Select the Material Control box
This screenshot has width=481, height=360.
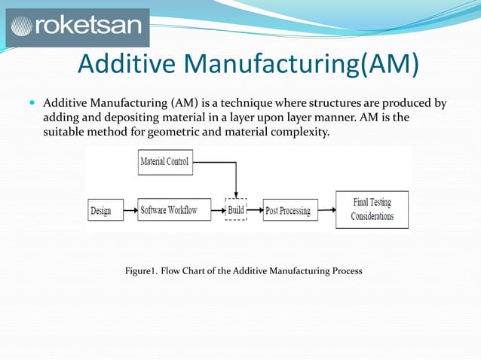[165, 162]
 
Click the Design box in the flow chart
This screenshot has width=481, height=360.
[101, 210]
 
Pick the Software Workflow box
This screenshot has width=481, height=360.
[169, 209]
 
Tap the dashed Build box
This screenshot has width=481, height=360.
[236, 209]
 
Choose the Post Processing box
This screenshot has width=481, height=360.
[288, 210]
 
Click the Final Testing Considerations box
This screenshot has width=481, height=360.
[372, 209]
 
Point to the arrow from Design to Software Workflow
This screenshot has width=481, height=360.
[126, 209]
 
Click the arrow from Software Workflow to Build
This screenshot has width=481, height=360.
[213, 209]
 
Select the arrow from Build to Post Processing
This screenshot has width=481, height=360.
[255, 209]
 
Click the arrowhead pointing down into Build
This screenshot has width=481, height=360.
[236, 194]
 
